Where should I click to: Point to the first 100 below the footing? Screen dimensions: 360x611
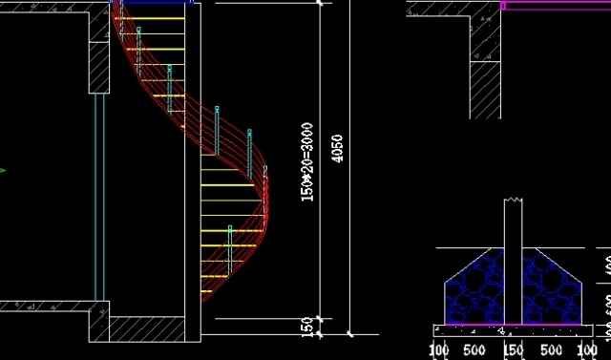[439, 349]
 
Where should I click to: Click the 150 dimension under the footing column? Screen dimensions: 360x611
[514, 349]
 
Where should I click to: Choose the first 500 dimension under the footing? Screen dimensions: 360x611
[474, 349]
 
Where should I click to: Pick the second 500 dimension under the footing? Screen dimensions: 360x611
[552, 349]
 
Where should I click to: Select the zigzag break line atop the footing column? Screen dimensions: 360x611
[514, 200]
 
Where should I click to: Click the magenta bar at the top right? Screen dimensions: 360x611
[554, 5]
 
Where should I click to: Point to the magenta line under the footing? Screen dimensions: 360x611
[511, 325]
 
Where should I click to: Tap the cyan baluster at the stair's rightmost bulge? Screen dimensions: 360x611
[265, 186]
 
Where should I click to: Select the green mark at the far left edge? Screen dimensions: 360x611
[2, 170]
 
